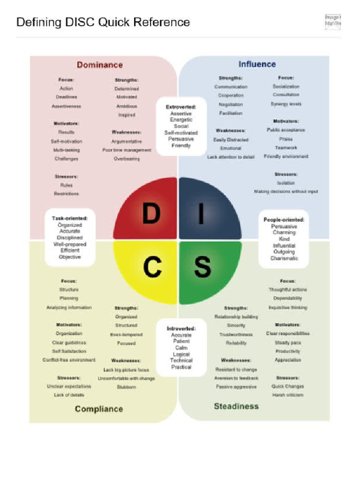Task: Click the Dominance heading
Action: [x=100, y=65]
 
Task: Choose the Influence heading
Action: [x=257, y=64]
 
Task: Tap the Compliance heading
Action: [x=99, y=409]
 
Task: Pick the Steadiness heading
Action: [x=236, y=406]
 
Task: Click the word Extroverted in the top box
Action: [x=181, y=107]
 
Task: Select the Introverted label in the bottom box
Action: [x=181, y=329]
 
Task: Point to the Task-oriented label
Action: [x=70, y=218]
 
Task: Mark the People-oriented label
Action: [x=284, y=219]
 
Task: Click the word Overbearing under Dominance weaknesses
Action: [x=127, y=159]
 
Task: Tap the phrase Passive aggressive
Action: [x=236, y=387]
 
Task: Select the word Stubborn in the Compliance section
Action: [x=126, y=387]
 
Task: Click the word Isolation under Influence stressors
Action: [x=286, y=183]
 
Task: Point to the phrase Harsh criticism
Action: [x=288, y=395]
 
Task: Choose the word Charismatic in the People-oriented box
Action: [x=284, y=258]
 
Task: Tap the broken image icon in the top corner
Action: [x=332, y=22]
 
